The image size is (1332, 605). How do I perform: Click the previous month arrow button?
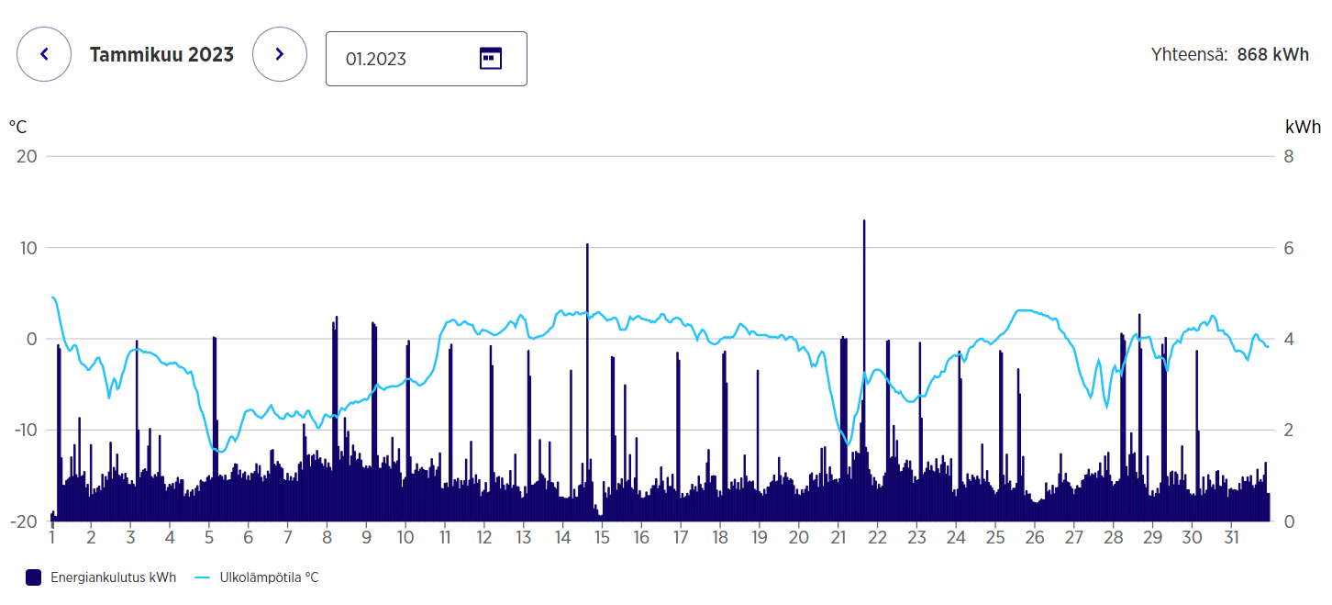pyautogui.click(x=43, y=54)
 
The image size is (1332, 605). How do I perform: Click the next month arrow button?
pyautogui.click(x=280, y=54)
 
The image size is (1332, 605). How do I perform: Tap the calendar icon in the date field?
pyautogui.click(x=491, y=59)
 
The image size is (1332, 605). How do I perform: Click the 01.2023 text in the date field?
pyautogui.click(x=376, y=59)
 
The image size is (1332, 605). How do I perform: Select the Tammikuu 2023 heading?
pyautogui.click(x=161, y=54)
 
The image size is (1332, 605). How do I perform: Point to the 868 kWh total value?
pyautogui.click(x=1272, y=54)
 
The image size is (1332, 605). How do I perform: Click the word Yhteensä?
pyautogui.click(x=1189, y=54)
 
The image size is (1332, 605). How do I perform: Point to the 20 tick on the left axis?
pyautogui.click(x=28, y=156)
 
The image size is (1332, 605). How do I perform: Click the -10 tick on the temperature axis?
pyautogui.click(x=24, y=430)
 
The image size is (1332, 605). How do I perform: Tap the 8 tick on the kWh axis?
pyautogui.click(x=1288, y=156)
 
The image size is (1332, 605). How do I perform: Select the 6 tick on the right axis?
pyautogui.click(x=1288, y=248)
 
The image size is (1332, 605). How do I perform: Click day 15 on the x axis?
pyautogui.click(x=601, y=536)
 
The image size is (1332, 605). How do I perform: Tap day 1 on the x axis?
pyautogui.click(x=52, y=536)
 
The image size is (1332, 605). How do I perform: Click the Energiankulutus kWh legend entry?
pyautogui.click(x=101, y=577)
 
